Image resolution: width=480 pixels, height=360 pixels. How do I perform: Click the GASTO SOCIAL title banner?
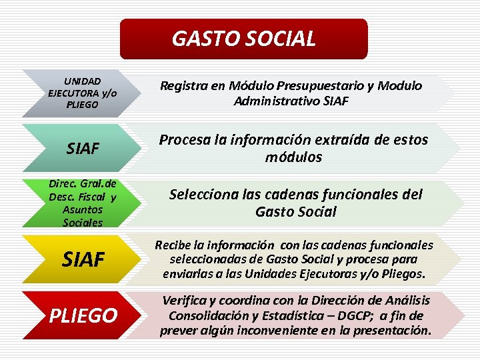tap(243, 39)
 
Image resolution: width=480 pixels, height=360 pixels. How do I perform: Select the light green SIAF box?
tap(83, 147)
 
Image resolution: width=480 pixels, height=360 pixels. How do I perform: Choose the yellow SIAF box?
tap(83, 259)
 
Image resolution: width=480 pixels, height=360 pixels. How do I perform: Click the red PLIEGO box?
tap(83, 315)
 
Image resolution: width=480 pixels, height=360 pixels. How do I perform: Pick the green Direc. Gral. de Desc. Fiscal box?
tap(83, 203)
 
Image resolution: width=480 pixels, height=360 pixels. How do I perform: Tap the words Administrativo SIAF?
tap(291, 101)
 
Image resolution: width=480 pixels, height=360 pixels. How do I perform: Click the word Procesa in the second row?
tap(181, 140)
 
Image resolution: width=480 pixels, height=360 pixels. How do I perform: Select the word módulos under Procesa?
tap(293, 157)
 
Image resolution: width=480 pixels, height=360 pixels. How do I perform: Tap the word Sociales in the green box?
tap(83, 223)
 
